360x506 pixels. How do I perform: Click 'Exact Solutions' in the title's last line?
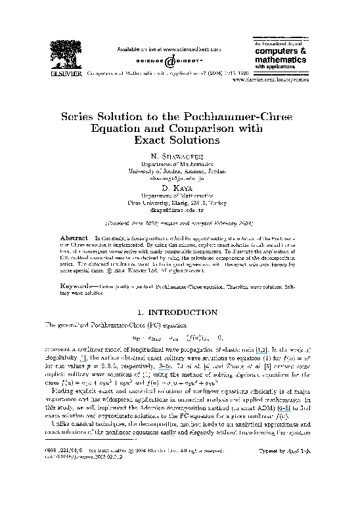(x=180, y=140)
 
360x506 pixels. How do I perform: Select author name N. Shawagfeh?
(x=180, y=155)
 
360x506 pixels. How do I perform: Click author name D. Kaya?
(x=180, y=188)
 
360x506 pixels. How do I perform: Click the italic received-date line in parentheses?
(x=180, y=222)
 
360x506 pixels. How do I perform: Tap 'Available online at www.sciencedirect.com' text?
(x=168, y=49)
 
